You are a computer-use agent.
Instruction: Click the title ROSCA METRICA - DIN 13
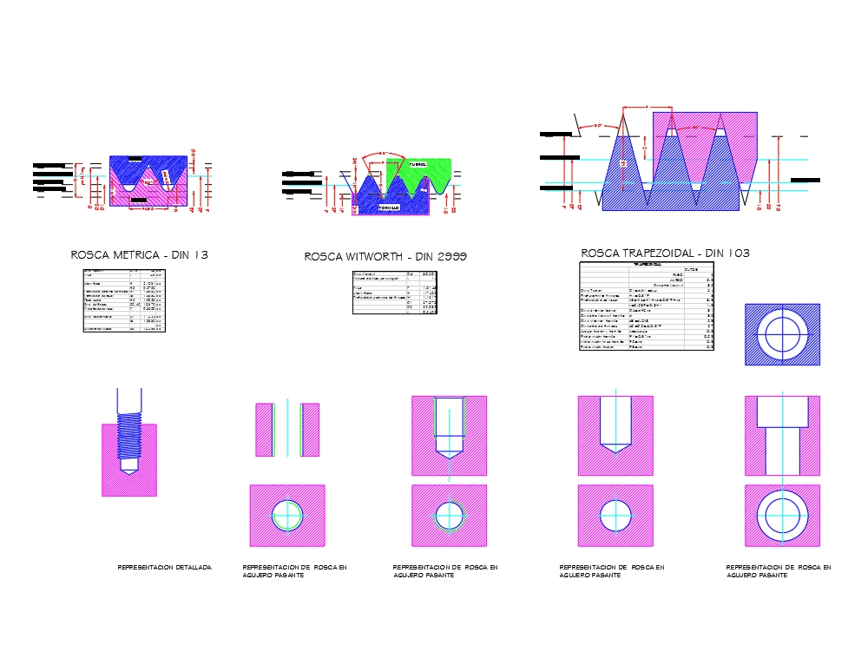tap(139, 255)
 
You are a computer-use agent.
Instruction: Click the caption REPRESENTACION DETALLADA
tap(164, 567)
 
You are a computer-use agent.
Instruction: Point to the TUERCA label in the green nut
tap(417, 164)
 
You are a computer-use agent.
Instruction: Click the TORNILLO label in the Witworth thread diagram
tap(388, 208)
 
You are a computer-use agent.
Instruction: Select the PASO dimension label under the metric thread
tap(148, 209)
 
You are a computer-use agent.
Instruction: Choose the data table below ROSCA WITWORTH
tap(394, 293)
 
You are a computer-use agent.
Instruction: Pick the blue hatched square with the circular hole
tap(782, 334)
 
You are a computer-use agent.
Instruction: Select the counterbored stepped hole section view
tap(782, 435)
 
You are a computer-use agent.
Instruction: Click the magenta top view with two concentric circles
tap(782, 516)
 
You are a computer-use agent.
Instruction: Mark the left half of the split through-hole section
tap(264, 430)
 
